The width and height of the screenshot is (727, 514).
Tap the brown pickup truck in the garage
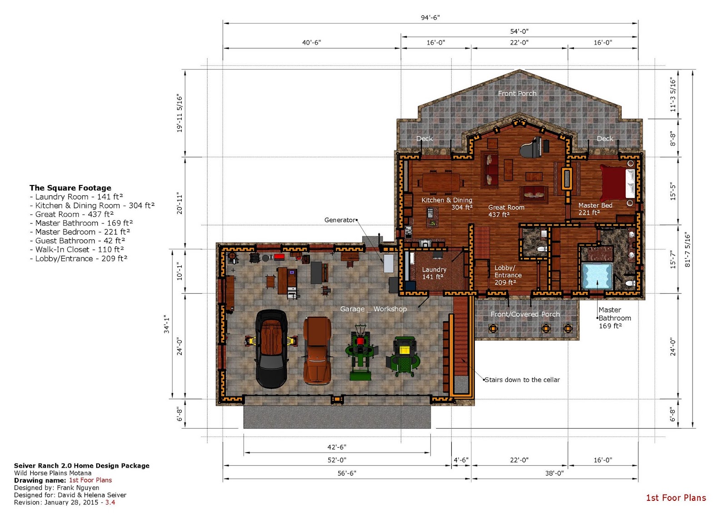coord(317,350)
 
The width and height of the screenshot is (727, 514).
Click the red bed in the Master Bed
coord(615,183)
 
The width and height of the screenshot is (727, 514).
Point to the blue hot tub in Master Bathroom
coord(597,276)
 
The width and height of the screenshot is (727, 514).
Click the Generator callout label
coord(340,220)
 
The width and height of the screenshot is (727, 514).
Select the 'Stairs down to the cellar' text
coord(522,380)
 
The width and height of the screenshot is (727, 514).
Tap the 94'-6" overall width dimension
coord(430,18)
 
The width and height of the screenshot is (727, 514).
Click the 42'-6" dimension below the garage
coord(337,447)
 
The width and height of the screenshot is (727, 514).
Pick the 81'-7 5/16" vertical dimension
coord(687,250)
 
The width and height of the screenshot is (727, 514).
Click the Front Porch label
coord(517,93)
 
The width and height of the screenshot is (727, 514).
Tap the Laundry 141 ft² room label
coord(434,273)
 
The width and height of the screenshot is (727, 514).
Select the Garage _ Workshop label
coord(373,309)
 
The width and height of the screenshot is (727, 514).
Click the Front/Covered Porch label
coord(525,314)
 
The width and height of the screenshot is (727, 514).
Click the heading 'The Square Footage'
coord(70,188)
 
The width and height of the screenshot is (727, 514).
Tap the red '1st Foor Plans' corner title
coord(676,498)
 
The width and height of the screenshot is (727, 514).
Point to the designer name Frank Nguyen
coord(78,488)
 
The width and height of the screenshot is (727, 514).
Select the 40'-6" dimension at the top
coord(311,42)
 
